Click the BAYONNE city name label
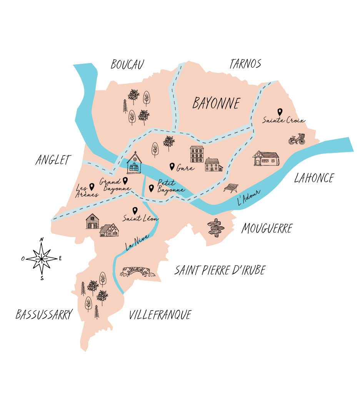tap(216, 103)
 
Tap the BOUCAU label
tap(127, 65)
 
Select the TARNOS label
tap(245, 64)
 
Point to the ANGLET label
tap(53, 160)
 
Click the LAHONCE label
tap(314, 178)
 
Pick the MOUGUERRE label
tap(267, 229)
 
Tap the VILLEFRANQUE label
tap(160, 315)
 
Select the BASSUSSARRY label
tap(44, 315)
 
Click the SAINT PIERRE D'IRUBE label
tap(220, 270)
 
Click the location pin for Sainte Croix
tap(280, 112)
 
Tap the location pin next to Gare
tap(172, 166)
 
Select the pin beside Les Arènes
tap(92, 187)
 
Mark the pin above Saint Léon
tap(135, 211)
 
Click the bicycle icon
tap(297, 139)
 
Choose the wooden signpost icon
tap(216, 227)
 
